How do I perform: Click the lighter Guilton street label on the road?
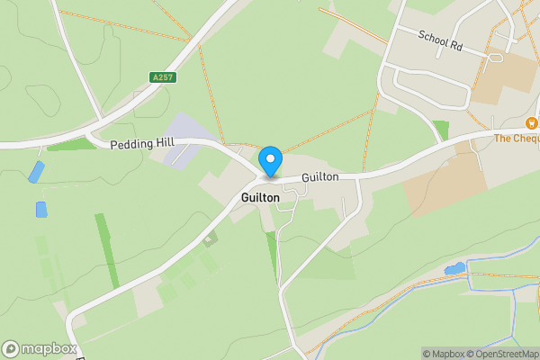[x=319, y=177]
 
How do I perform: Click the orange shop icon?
[x=531, y=122]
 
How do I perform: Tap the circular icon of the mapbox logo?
[x=11, y=349]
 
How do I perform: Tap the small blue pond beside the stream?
[x=455, y=268]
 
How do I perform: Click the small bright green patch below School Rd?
[x=440, y=129]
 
